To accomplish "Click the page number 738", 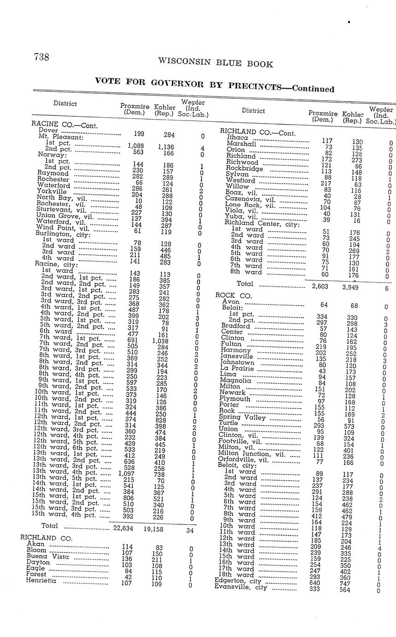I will pos(41,57).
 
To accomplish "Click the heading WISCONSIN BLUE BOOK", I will pos(215,62).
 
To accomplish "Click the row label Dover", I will pos(48,131).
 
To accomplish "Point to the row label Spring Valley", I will pos(242,417).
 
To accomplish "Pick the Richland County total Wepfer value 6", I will pos(387,288).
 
